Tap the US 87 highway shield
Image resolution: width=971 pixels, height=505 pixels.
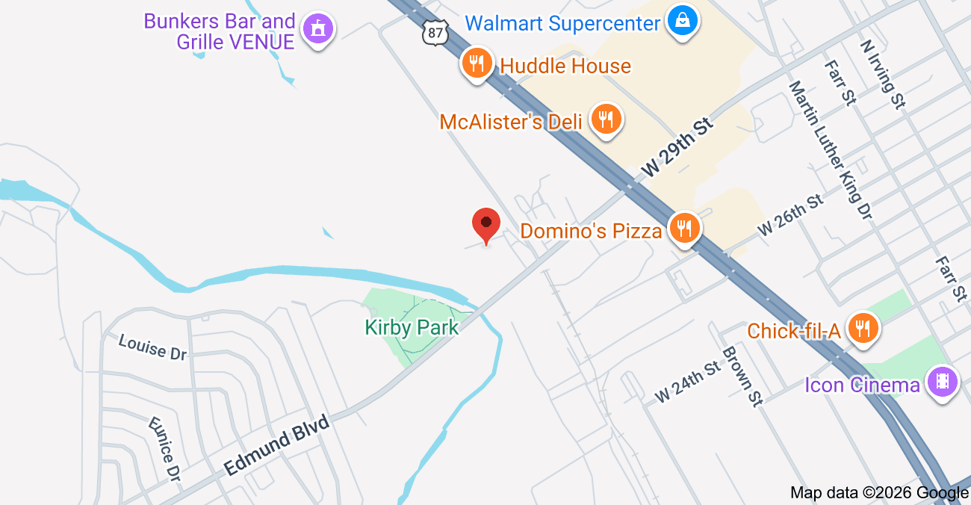point(433,31)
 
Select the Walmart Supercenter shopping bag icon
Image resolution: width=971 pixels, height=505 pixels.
point(683,21)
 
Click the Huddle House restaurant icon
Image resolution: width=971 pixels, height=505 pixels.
point(477,63)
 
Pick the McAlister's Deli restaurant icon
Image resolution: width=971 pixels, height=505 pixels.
point(606,120)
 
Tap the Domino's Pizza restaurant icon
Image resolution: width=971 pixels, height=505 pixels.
point(684,228)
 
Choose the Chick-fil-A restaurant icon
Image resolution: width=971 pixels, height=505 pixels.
point(863,329)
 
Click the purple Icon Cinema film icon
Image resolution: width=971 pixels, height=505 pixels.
point(943,382)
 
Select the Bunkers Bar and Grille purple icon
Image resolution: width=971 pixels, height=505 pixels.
point(319,30)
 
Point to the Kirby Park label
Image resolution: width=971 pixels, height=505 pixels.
point(412,327)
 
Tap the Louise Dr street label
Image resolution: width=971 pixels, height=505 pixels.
point(152,347)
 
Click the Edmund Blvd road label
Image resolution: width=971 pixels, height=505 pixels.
point(277,445)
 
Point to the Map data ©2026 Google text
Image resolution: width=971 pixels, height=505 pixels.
point(879,492)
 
